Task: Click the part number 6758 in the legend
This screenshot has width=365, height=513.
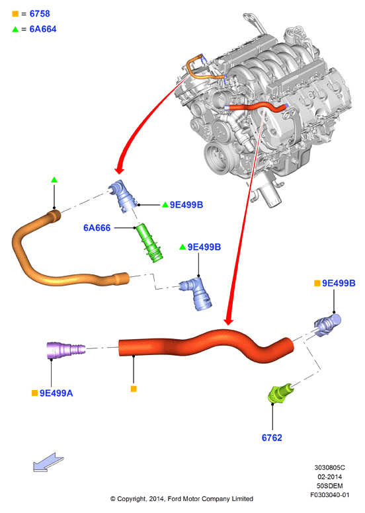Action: (x=40, y=14)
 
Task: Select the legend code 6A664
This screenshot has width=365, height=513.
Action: (x=43, y=29)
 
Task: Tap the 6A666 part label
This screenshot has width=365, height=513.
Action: (x=97, y=227)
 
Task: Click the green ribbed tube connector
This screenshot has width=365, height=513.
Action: (x=149, y=243)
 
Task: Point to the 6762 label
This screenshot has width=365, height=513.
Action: (x=272, y=438)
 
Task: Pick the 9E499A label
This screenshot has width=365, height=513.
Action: (x=56, y=393)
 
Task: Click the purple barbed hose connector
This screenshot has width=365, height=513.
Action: (x=66, y=350)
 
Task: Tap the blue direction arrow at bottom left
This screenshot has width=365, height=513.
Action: (x=48, y=462)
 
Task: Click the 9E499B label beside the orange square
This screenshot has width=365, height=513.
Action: (x=339, y=283)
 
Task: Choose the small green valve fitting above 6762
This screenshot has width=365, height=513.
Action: (x=280, y=393)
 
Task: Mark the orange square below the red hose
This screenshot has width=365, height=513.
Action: (x=134, y=389)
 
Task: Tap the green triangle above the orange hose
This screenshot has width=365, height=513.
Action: (x=54, y=180)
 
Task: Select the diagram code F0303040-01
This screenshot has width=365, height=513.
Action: (x=330, y=494)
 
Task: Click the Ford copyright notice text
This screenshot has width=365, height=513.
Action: (x=182, y=498)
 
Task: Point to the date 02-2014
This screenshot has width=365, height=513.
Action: (x=330, y=477)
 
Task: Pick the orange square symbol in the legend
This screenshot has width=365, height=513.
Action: (x=15, y=14)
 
